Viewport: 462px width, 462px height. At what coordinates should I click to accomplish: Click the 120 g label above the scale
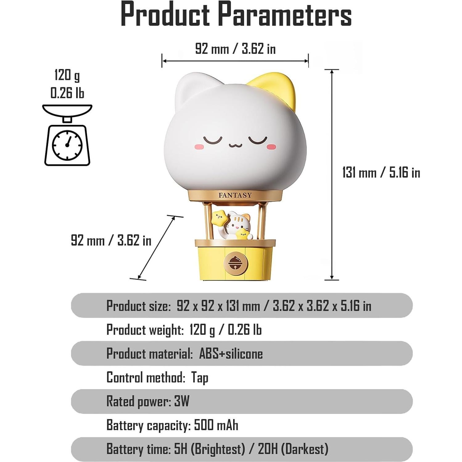(67, 75)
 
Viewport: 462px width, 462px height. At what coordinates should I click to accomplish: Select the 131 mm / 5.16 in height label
(381, 172)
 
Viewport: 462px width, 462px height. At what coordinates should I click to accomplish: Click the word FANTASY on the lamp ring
(235, 195)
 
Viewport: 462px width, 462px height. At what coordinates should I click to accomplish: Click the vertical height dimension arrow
(332, 175)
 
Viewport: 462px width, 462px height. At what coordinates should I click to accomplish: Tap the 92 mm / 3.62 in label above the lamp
(235, 49)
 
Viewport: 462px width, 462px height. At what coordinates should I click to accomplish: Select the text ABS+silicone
(231, 353)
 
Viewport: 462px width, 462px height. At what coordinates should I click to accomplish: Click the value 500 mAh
(216, 425)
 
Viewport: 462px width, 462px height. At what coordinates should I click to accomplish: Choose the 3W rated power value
(182, 401)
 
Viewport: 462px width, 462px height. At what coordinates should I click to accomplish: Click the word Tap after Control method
(200, 377)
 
